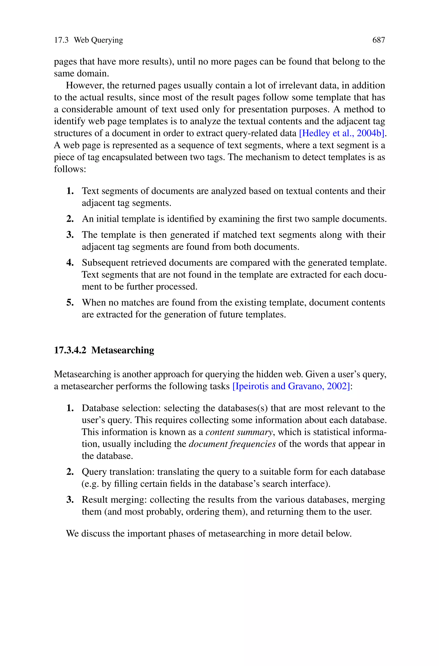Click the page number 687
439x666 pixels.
click(379, 40)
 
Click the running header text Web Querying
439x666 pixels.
click(98, 40)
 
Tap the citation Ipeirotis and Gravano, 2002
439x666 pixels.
click(291, 386)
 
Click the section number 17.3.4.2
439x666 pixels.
click(70, 350)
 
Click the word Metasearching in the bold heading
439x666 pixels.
click(123, 350)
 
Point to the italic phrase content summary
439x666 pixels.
click(239, 432)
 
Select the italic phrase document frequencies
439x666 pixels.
click(232, 444)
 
